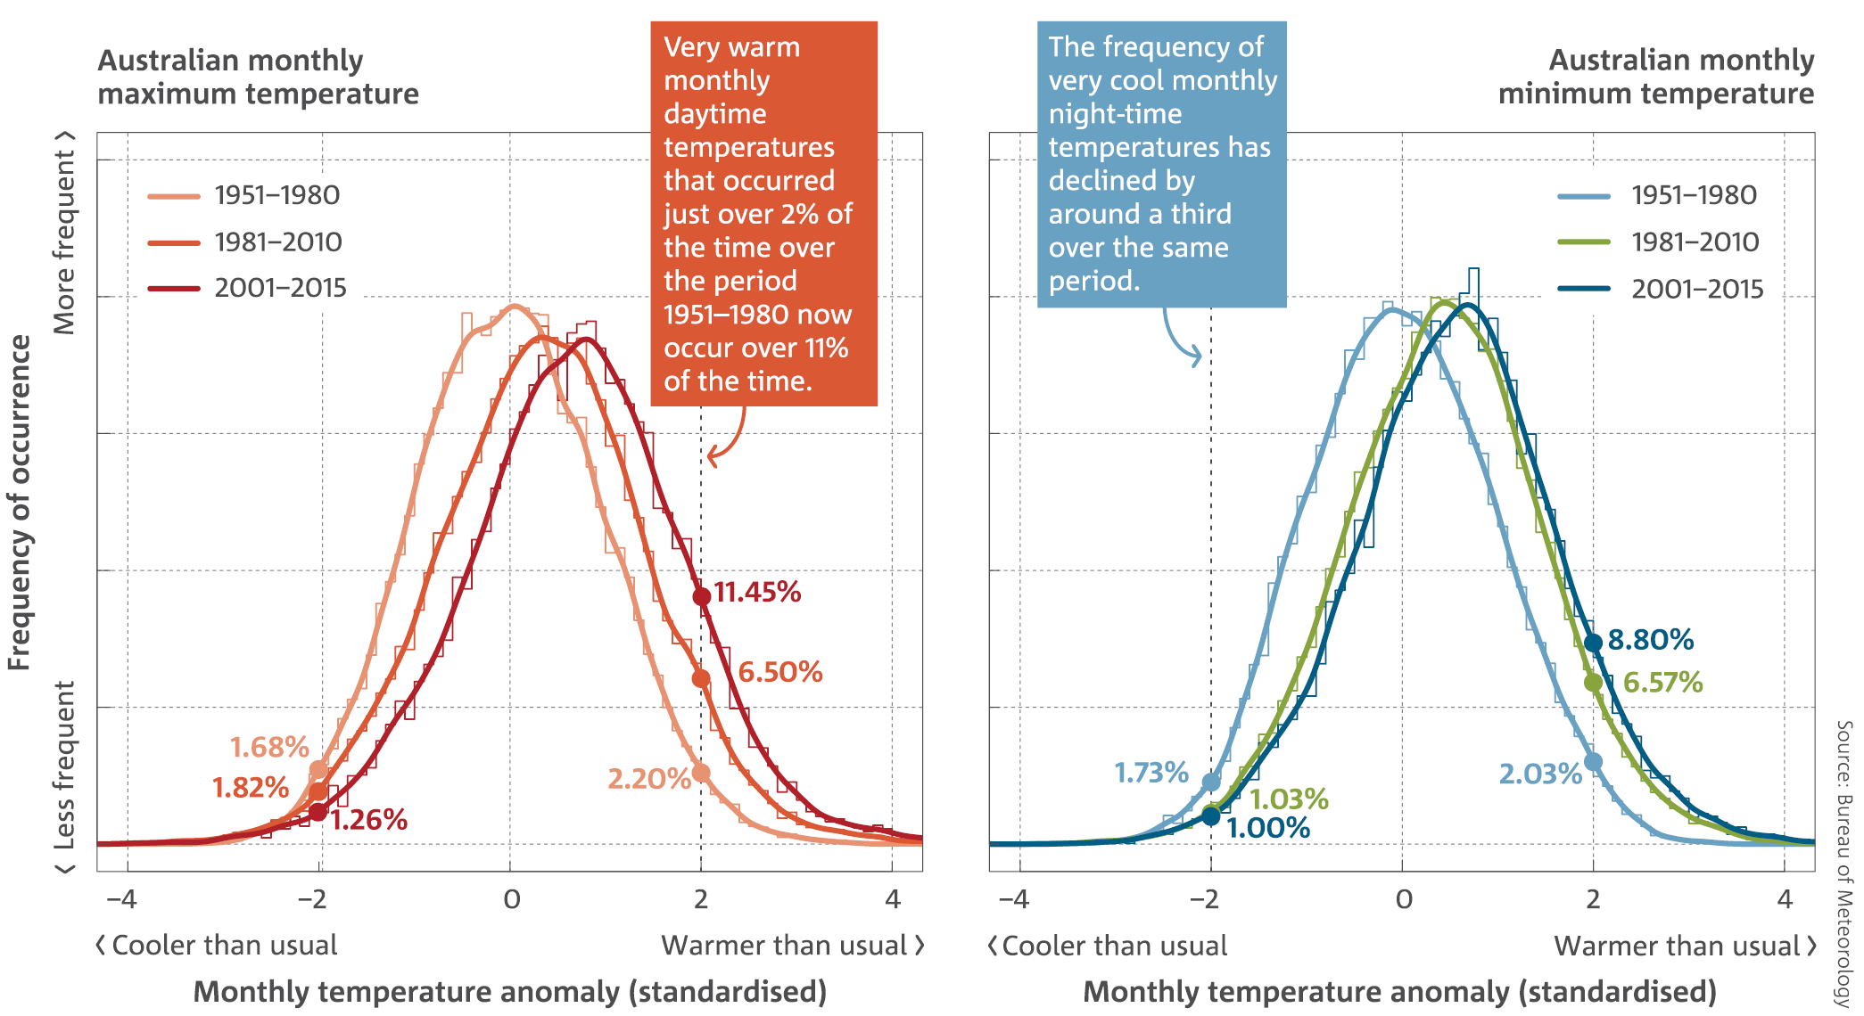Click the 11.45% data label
(757, 593)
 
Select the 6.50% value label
(780, 672)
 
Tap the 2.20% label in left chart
(648, 779)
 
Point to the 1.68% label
(269, 747)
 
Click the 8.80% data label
(1651, 640)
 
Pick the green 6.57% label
(1662, 683)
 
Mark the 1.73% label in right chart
(1151, 773)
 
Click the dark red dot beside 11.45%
(702, 596)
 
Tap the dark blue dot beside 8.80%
(1593, 643)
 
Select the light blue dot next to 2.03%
(1593, 762)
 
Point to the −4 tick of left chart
(121, 899)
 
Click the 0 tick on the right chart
(1404, 899)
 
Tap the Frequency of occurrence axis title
(20, 503)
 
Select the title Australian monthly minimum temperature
(1656, 77)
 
